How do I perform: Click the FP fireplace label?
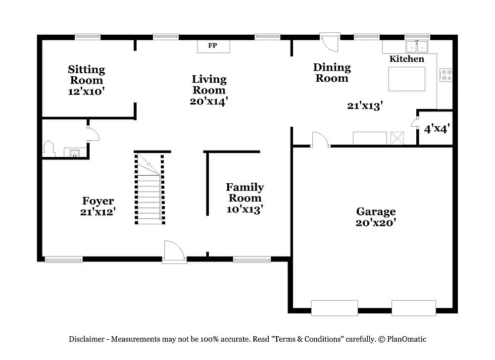tap(212, 46)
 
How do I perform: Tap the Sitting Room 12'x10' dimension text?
tap(86, 91)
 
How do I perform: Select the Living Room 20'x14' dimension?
tap(209, 102)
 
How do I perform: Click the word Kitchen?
tap(406, 59)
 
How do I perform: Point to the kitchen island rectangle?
tap(406, 79)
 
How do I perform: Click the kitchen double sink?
tap(417, 47)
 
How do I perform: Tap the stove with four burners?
tap(446, 75)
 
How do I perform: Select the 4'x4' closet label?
tap(437, 129)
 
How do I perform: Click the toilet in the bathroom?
tap(49, 149)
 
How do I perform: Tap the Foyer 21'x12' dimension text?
tap(98, 211)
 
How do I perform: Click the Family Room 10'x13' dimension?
tap(245, 209)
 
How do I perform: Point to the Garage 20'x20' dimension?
tap(376, 223)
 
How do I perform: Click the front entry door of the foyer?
tap(174, 252)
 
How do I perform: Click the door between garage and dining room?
tap(320, 140)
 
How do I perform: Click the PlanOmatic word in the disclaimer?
tap(406, 339)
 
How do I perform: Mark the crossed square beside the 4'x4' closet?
tap(397, 138)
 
